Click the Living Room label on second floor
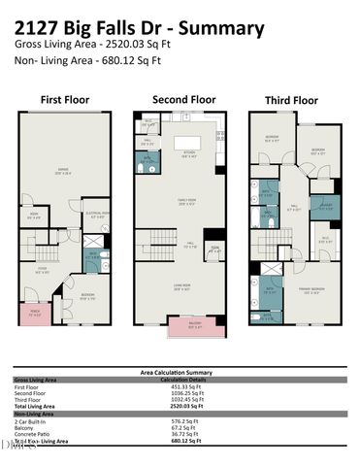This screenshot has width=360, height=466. (180, 287)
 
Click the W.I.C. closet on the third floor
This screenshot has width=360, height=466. (326, 241)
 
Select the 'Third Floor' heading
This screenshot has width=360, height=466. (291, 99)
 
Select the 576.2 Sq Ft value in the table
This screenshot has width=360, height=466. (178, 419)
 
